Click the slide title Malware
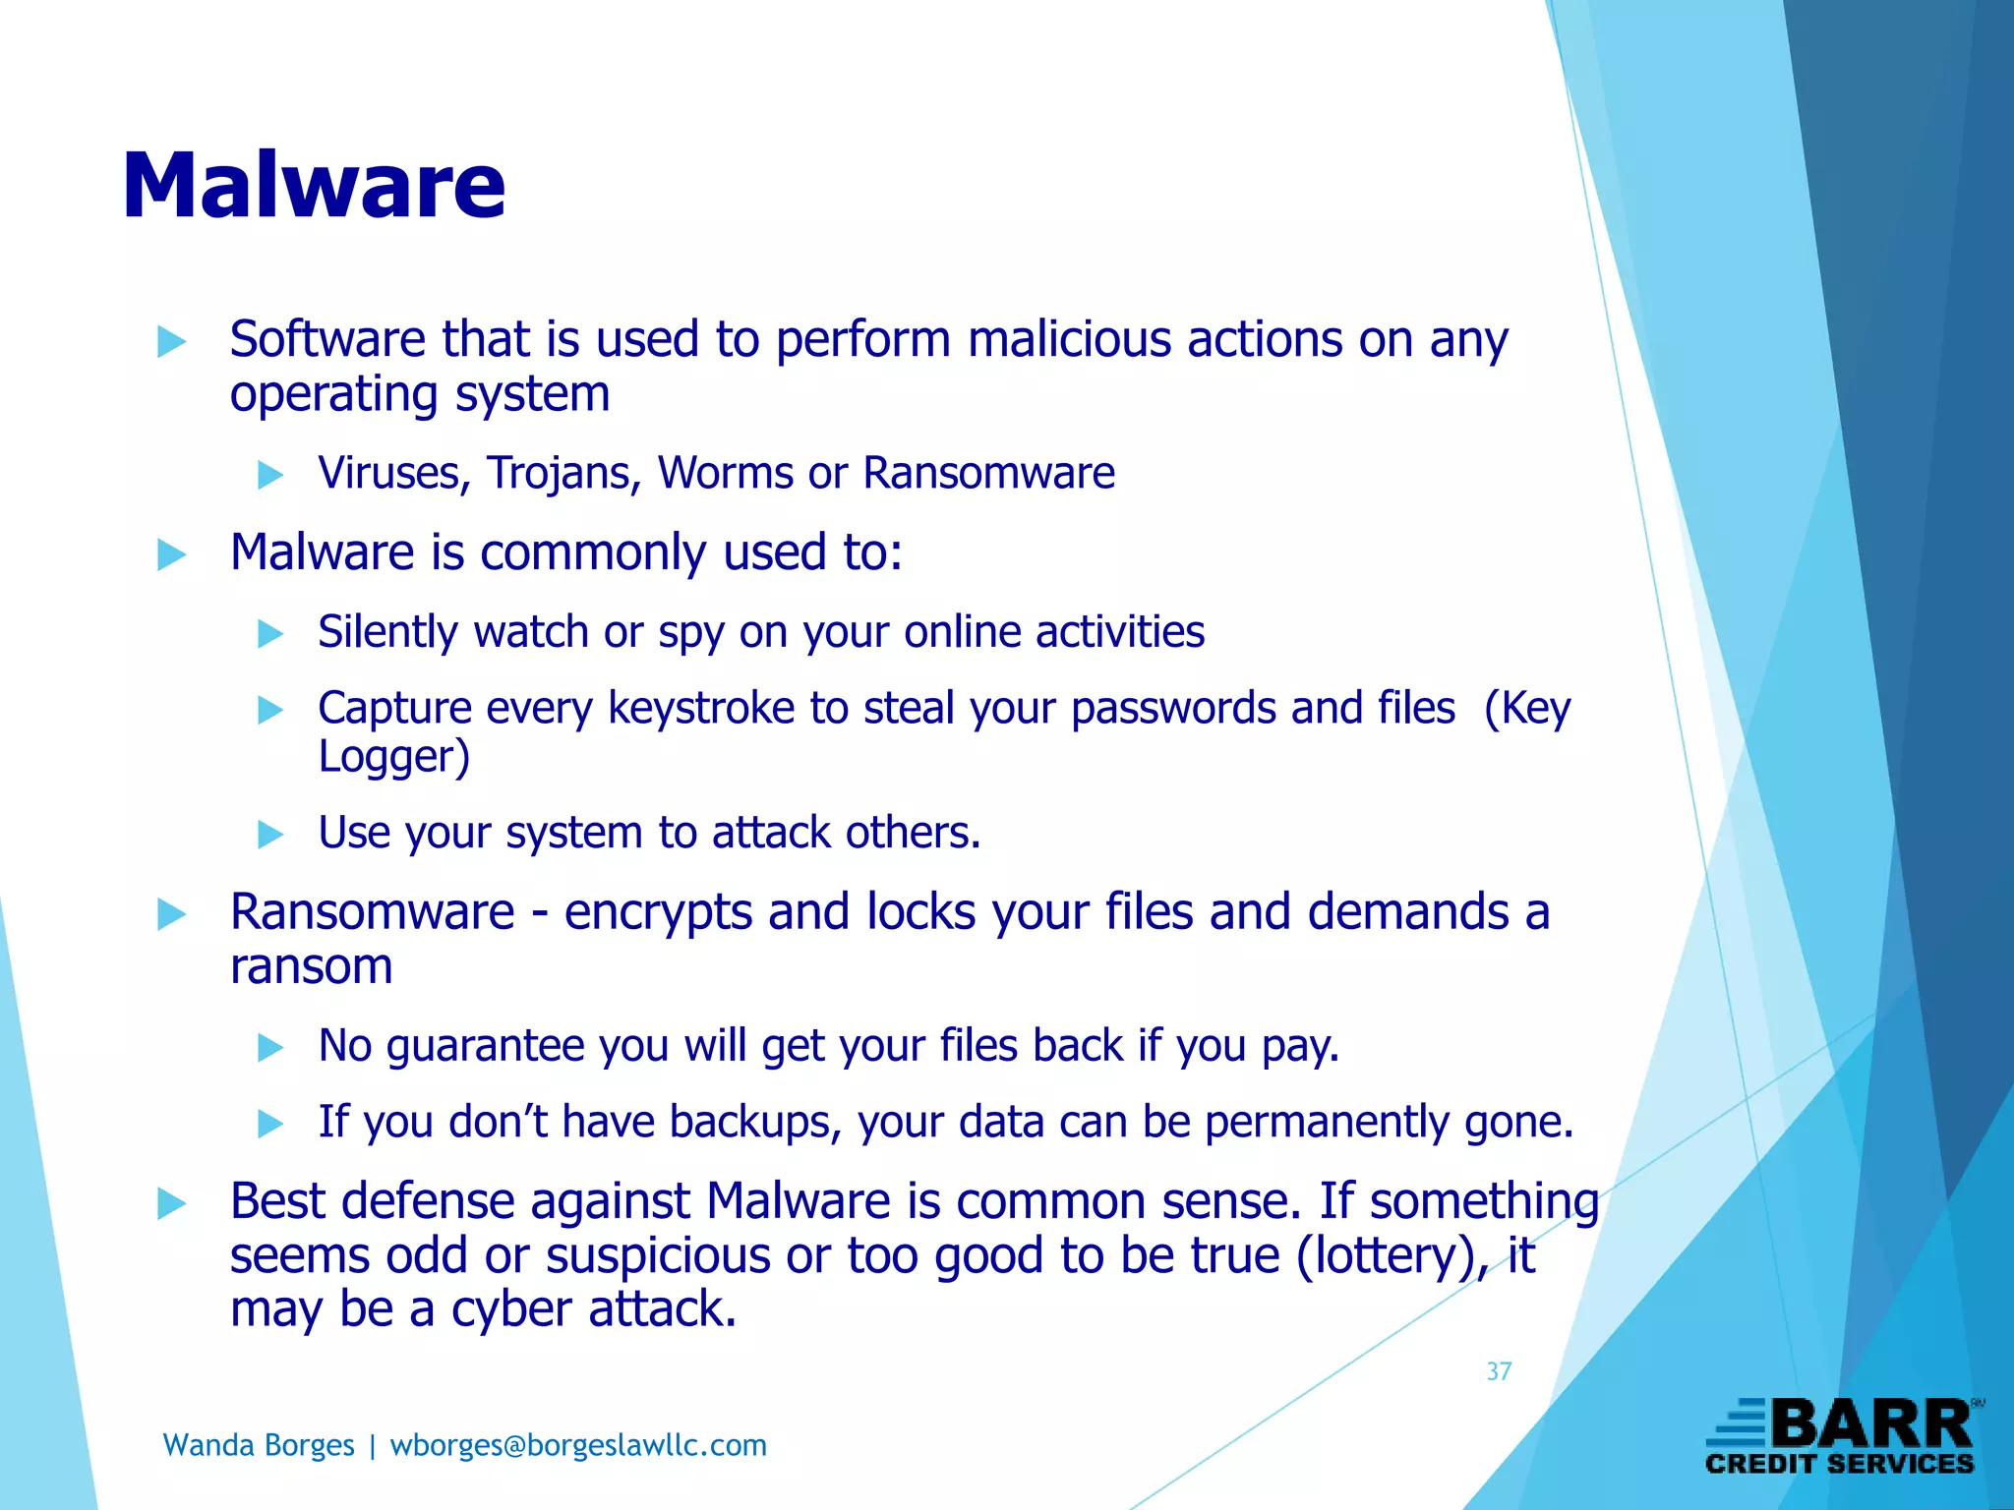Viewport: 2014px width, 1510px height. pyautogui.click(x=314, y=186)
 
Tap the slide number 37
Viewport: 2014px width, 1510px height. pyautogui.click(x=1499, y=1371)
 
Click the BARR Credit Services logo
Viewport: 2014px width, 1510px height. pyautogui.click(x=1843, y=1436)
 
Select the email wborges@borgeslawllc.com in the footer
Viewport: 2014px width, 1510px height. pyautogui.click(x=578, y=1445)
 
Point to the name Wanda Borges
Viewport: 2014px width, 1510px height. pyautogui.click(x=258, y=1445)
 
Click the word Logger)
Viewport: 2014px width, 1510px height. pyautogui.click(x=394, y=757)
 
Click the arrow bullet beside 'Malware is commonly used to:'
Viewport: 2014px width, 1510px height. pyautogui.click(x=171, y=554)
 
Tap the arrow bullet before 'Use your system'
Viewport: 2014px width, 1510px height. pyautogui.click(x=269, y=835)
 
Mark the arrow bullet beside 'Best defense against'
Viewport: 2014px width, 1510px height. pyautogui.click(x=171, y=1203)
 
